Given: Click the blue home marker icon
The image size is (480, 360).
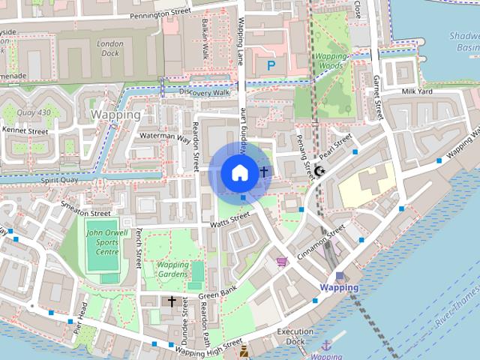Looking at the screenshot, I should pos(238,172).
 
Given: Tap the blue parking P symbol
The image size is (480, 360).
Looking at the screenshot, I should pos(271,66).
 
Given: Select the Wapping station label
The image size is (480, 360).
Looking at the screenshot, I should pos(339,287).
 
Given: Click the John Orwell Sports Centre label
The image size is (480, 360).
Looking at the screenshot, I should pos(102,242).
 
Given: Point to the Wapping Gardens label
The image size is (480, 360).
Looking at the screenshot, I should pos(173,270).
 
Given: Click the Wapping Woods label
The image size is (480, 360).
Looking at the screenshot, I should pos(331,61).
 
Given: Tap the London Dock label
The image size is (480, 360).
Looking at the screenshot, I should pos(109,48).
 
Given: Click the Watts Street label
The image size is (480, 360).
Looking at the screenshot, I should pos(229,218).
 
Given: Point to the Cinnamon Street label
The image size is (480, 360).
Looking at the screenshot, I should pos(321,242).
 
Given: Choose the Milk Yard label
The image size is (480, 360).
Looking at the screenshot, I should pos(418,91).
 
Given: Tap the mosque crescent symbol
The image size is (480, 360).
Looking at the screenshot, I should pos(319,172).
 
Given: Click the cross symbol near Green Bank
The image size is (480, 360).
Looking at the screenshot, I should pos(172,301).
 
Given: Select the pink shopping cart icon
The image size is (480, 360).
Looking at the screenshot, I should pos(282,261).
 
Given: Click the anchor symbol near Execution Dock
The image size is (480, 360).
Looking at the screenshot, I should pos(326,346).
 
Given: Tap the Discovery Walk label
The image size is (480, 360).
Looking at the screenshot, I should pos(204,91).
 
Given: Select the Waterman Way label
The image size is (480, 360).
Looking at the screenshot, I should pos(166,136).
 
